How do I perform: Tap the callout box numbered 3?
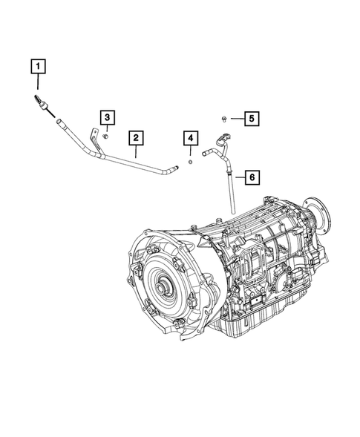(107, 117)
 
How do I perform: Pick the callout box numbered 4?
(191, 139)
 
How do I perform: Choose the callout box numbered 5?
(251, 118)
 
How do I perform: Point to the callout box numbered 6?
(251, 177)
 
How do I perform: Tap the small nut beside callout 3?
(107, 136)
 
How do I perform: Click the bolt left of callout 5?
(223, 118)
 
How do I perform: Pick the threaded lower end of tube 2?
(173, 171)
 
